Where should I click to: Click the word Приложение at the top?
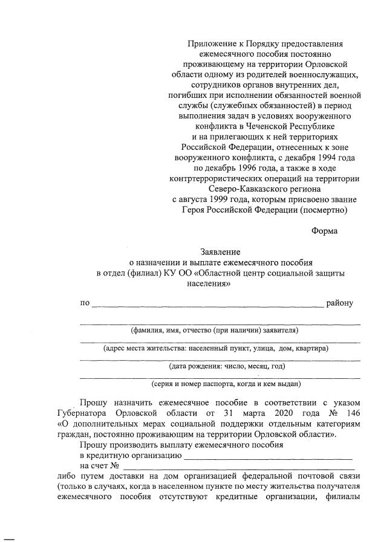tap(210, 44)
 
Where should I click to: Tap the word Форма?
tap(325, 231)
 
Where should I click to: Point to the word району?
tap(339, 303)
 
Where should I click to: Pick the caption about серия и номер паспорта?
tap(226, 384)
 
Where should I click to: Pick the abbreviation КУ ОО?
tap(175, 273)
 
